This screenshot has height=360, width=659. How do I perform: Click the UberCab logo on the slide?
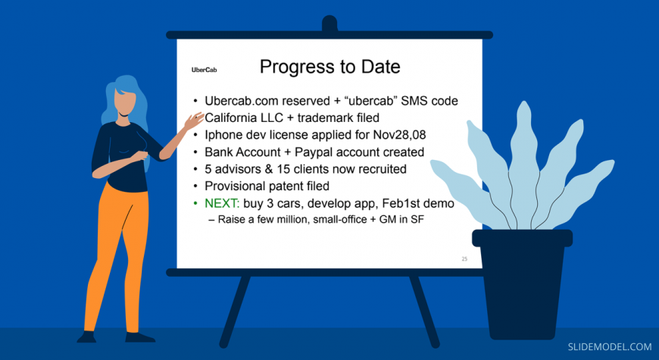point(205,70)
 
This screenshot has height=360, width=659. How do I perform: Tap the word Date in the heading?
point(379,67)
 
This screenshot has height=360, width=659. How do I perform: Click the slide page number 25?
point(464,258)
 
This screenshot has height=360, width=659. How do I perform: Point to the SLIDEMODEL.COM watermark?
point(610,347)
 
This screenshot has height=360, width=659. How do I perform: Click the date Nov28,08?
point(399,135)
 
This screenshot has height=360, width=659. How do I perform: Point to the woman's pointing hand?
point(193,121)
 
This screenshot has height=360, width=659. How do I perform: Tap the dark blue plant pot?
point(522,282)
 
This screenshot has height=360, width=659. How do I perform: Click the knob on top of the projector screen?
point(329,23)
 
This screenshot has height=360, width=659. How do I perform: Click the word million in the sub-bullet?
point(293,219)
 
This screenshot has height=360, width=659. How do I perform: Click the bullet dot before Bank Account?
point(195,152)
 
